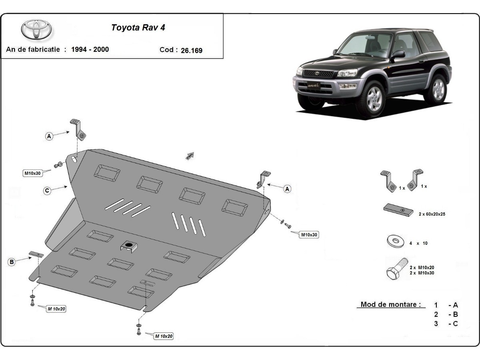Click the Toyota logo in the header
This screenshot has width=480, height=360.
pyautogui.click(x=36, y=30)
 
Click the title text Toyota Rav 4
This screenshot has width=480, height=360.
pyautogui.click(x=138, y=28)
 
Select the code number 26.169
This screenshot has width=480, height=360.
pyautogui.click(x=192, y=50)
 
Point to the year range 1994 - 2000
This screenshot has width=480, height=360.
pyautogui.click(x=90, y=50)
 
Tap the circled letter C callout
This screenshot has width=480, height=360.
pyautogui.click(x=47, y=191)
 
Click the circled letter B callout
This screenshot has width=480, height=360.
pyautogui.click(x=12, y=262)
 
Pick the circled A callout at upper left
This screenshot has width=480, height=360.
pyautogui.click(x=49, y=136)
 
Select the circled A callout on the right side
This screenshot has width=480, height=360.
pyautogui.click(x=287, y=189)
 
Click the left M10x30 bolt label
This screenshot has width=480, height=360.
pyautogui.click(x=33, y=173)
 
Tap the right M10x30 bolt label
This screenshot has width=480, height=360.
pyautogui.click(x=309, y=235)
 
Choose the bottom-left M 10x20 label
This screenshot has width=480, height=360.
pyautogui.click(x=56, y=309)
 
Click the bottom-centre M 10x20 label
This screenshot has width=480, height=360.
pyautogui.click(x=164, y=336)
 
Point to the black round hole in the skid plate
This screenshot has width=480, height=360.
pyautogui.click(x=129, y=244)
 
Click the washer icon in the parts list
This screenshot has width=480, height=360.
pyautogui.click(x=394, y=241)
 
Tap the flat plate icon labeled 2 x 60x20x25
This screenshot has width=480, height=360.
pyautogui.click(x=398, y=210)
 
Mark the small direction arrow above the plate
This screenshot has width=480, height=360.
pyautogui.click(x=190, y=156)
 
